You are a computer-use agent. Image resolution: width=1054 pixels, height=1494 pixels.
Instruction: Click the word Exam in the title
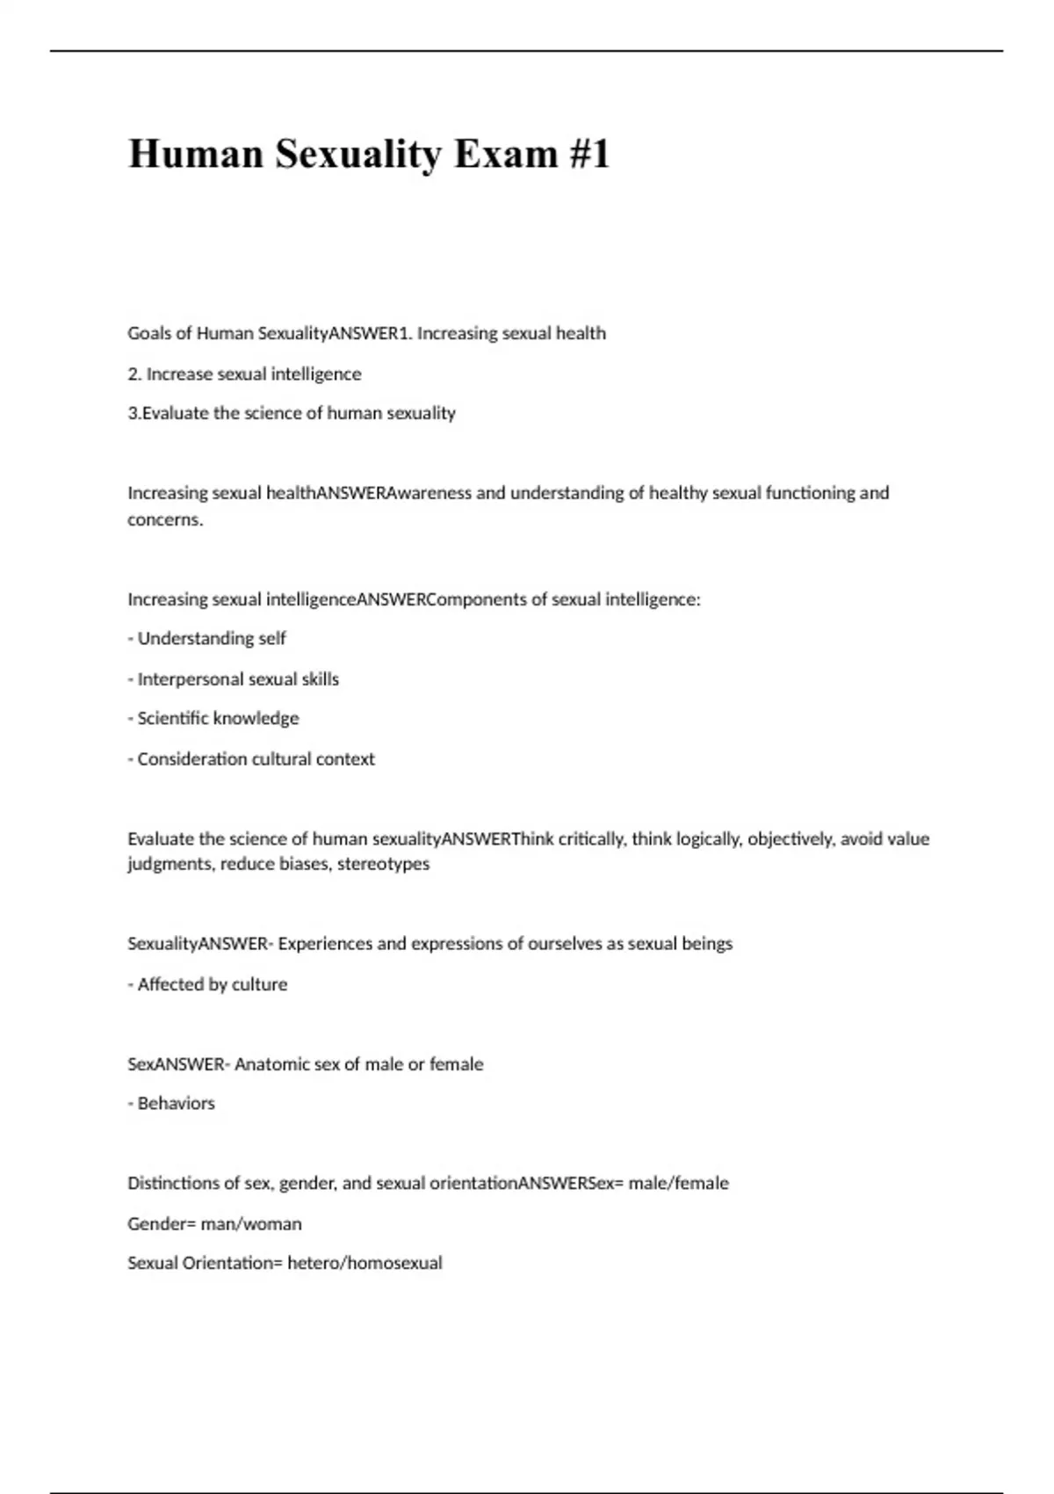506,154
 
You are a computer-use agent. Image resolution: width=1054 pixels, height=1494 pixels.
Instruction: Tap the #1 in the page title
588,154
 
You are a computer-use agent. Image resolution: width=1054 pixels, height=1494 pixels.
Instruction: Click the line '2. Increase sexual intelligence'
244,373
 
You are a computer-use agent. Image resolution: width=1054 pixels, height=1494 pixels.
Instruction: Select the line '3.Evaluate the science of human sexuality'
292,413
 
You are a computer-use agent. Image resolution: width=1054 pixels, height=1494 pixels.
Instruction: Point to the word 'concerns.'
165,519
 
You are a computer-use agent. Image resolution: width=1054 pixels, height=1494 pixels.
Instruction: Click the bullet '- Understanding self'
207,638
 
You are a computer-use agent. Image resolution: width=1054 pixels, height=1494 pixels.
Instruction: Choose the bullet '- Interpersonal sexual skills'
234,678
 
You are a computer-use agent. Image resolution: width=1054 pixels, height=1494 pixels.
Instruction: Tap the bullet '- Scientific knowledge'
213,718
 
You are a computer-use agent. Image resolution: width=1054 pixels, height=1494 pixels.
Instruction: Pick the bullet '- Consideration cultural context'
251,758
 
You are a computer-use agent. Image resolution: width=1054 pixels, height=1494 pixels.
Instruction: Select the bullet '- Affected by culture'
207,984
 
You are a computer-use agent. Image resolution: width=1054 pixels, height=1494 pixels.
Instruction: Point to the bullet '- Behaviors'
171,1103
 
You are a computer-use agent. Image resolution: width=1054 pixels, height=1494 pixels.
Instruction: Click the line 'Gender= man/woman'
214,1223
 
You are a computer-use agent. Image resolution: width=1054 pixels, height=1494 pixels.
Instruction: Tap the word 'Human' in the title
196,154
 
